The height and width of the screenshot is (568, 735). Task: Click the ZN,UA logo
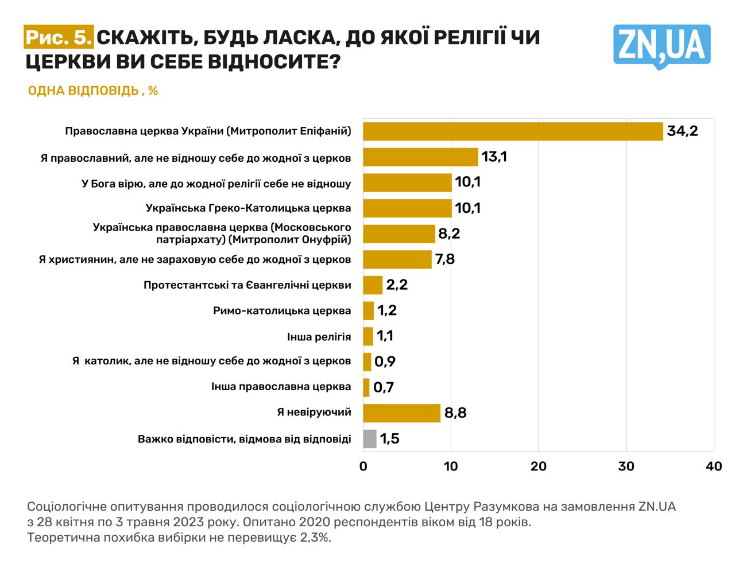pyautogui.click(x=661, y=46)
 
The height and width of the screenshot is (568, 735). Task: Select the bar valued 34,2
pyautogui.click(x=513, y=131)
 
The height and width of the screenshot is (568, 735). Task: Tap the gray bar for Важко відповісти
pyautogui.click(x=370, y=439)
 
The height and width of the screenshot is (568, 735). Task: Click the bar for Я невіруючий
pyautogui.click(x=401, y=413)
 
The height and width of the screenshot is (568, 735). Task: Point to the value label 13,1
pyautogui.click(x=494, y=157)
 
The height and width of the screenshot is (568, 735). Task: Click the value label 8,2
pyautogui.click(x=449, y=234)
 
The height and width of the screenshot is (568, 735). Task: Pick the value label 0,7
pyautogui.click(x=384, y=387)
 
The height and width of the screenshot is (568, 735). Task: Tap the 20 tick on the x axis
pyautogui.click(x=539, y=466)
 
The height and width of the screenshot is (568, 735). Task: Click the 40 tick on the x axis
pyautogui.click(x=713, y=466)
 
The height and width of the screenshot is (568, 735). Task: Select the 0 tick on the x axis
pyautogui.click(x=363, y=466)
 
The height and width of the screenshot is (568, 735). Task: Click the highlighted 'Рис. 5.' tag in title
pyautogui.click(x=59, y=37)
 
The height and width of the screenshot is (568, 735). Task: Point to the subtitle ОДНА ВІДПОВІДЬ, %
pyautogui.click(x=92, y=91)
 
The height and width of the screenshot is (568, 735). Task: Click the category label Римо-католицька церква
pyautogui.click(x=281, y=311)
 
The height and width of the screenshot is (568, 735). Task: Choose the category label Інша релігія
pyautogui.click(x=319, y=337)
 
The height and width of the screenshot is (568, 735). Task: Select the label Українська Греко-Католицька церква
pyautogui.click(x=248, y=208)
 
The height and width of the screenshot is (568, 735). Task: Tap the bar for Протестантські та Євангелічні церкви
pyautogui.click(x=373, y=285)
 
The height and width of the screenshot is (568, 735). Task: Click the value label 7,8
pyautogui.click(x=445, y=259)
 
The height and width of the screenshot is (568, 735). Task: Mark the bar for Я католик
pyautogui.click(x=367, y=362)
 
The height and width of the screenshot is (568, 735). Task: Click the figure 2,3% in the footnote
pyautogui.click(x=315, y=538)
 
